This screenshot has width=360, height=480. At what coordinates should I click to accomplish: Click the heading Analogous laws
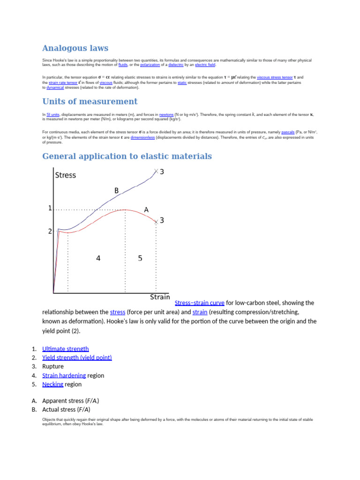pyautogui.click(x=75, y=48)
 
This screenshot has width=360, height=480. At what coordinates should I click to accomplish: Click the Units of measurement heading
pyautogui.click(x=90, y=102)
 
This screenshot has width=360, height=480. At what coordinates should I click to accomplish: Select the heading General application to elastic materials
pyautogui.click(x=127, y=156)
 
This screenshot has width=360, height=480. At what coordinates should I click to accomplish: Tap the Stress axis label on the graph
pyautogui.click(x=66, y=175)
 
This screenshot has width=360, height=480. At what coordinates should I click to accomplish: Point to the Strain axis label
pyautogui.click(x=160, y=297)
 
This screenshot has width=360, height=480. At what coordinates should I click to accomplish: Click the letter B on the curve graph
pyautogui.click(x=117, y=191)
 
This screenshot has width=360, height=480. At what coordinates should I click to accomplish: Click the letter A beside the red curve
pyautogui.click(x=146, y=210)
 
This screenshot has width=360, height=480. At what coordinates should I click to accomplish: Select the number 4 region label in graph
pyautogui.click(x=98, y=258)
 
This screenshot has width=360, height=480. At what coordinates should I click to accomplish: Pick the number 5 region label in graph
pyautogui.click(x=140, y=258)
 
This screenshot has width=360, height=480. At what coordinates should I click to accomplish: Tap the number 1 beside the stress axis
pyautogui.click(x=50, y=209)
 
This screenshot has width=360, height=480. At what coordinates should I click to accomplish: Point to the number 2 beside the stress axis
pyautogui.click(x=50, y=231)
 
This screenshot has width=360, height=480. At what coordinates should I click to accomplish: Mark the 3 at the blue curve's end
pyautogui.click(x=162, y=172)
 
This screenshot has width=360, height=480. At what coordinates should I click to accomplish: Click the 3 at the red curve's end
pyautogui.click(x=162, y=220)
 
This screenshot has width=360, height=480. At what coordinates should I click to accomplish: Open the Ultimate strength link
pyautogui.click(x=65, y=349)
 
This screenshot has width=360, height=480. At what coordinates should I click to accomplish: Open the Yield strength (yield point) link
pyautogui.click(x=77, y=358)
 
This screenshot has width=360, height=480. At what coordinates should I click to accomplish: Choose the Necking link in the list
pyautogui.click(x=52, y=384)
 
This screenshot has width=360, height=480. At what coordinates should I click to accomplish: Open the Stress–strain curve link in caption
pyautogui.click(x=199, y=303)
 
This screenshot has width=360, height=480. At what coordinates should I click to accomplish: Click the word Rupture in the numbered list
pyautogui.click(x=53, y=367)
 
